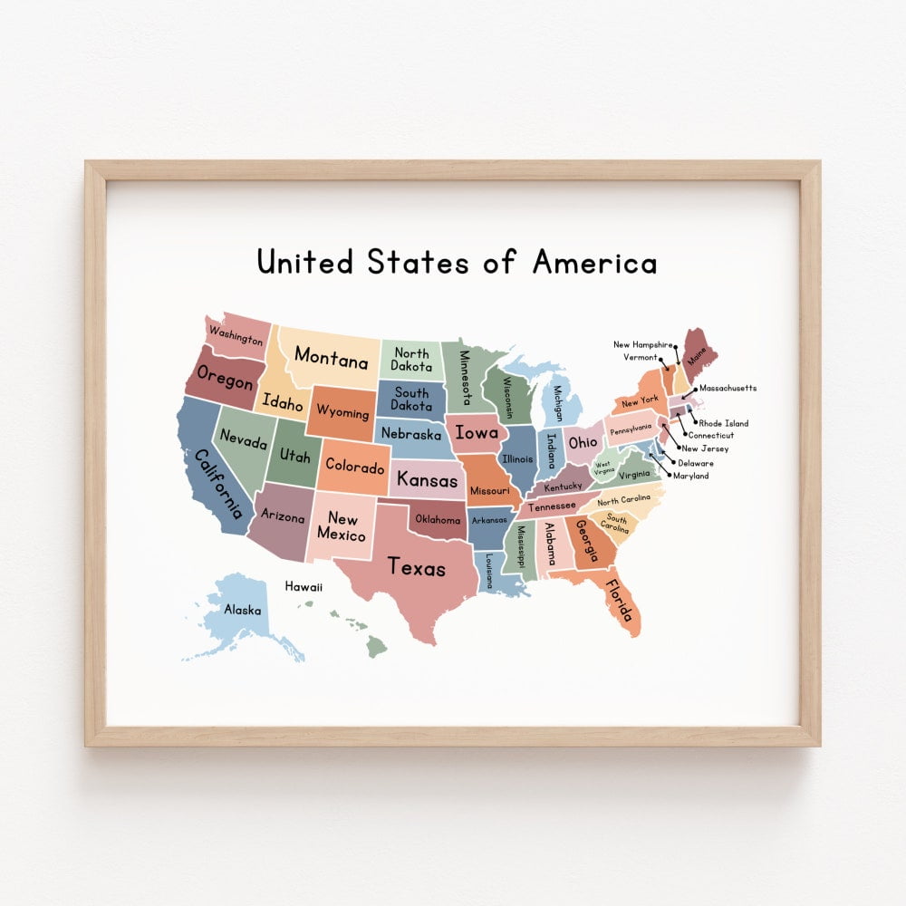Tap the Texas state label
(x=417, y=567)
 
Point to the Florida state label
(x=618, y=600)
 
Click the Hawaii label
(x=304, y=587)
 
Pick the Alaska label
(x=243, y=610)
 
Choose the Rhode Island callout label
(x=724, y=423)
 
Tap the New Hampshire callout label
(x=643, y=344)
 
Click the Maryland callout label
(x=690, y=476)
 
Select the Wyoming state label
(x=343, y=413)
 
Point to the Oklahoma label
(x=438, y=520)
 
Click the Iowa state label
(x=476, y=432)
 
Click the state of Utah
(x=295, y=455)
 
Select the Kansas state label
(x=428, y=478)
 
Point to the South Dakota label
(x=411, y=400)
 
